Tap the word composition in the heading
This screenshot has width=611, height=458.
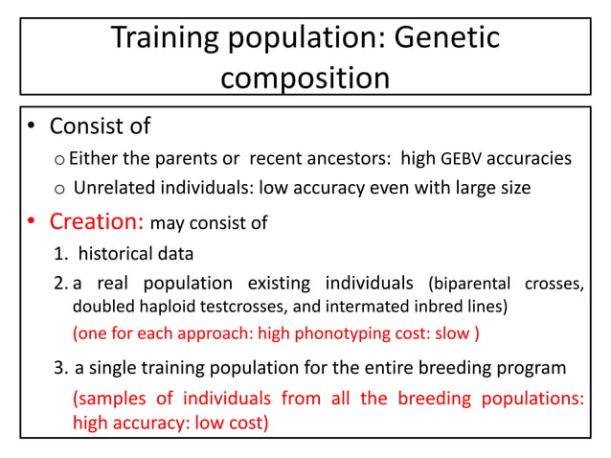click(x=305, y=77)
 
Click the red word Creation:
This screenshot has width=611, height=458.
click(x=97, y=221)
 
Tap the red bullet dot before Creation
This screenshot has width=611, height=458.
click(x=31, y=223)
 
